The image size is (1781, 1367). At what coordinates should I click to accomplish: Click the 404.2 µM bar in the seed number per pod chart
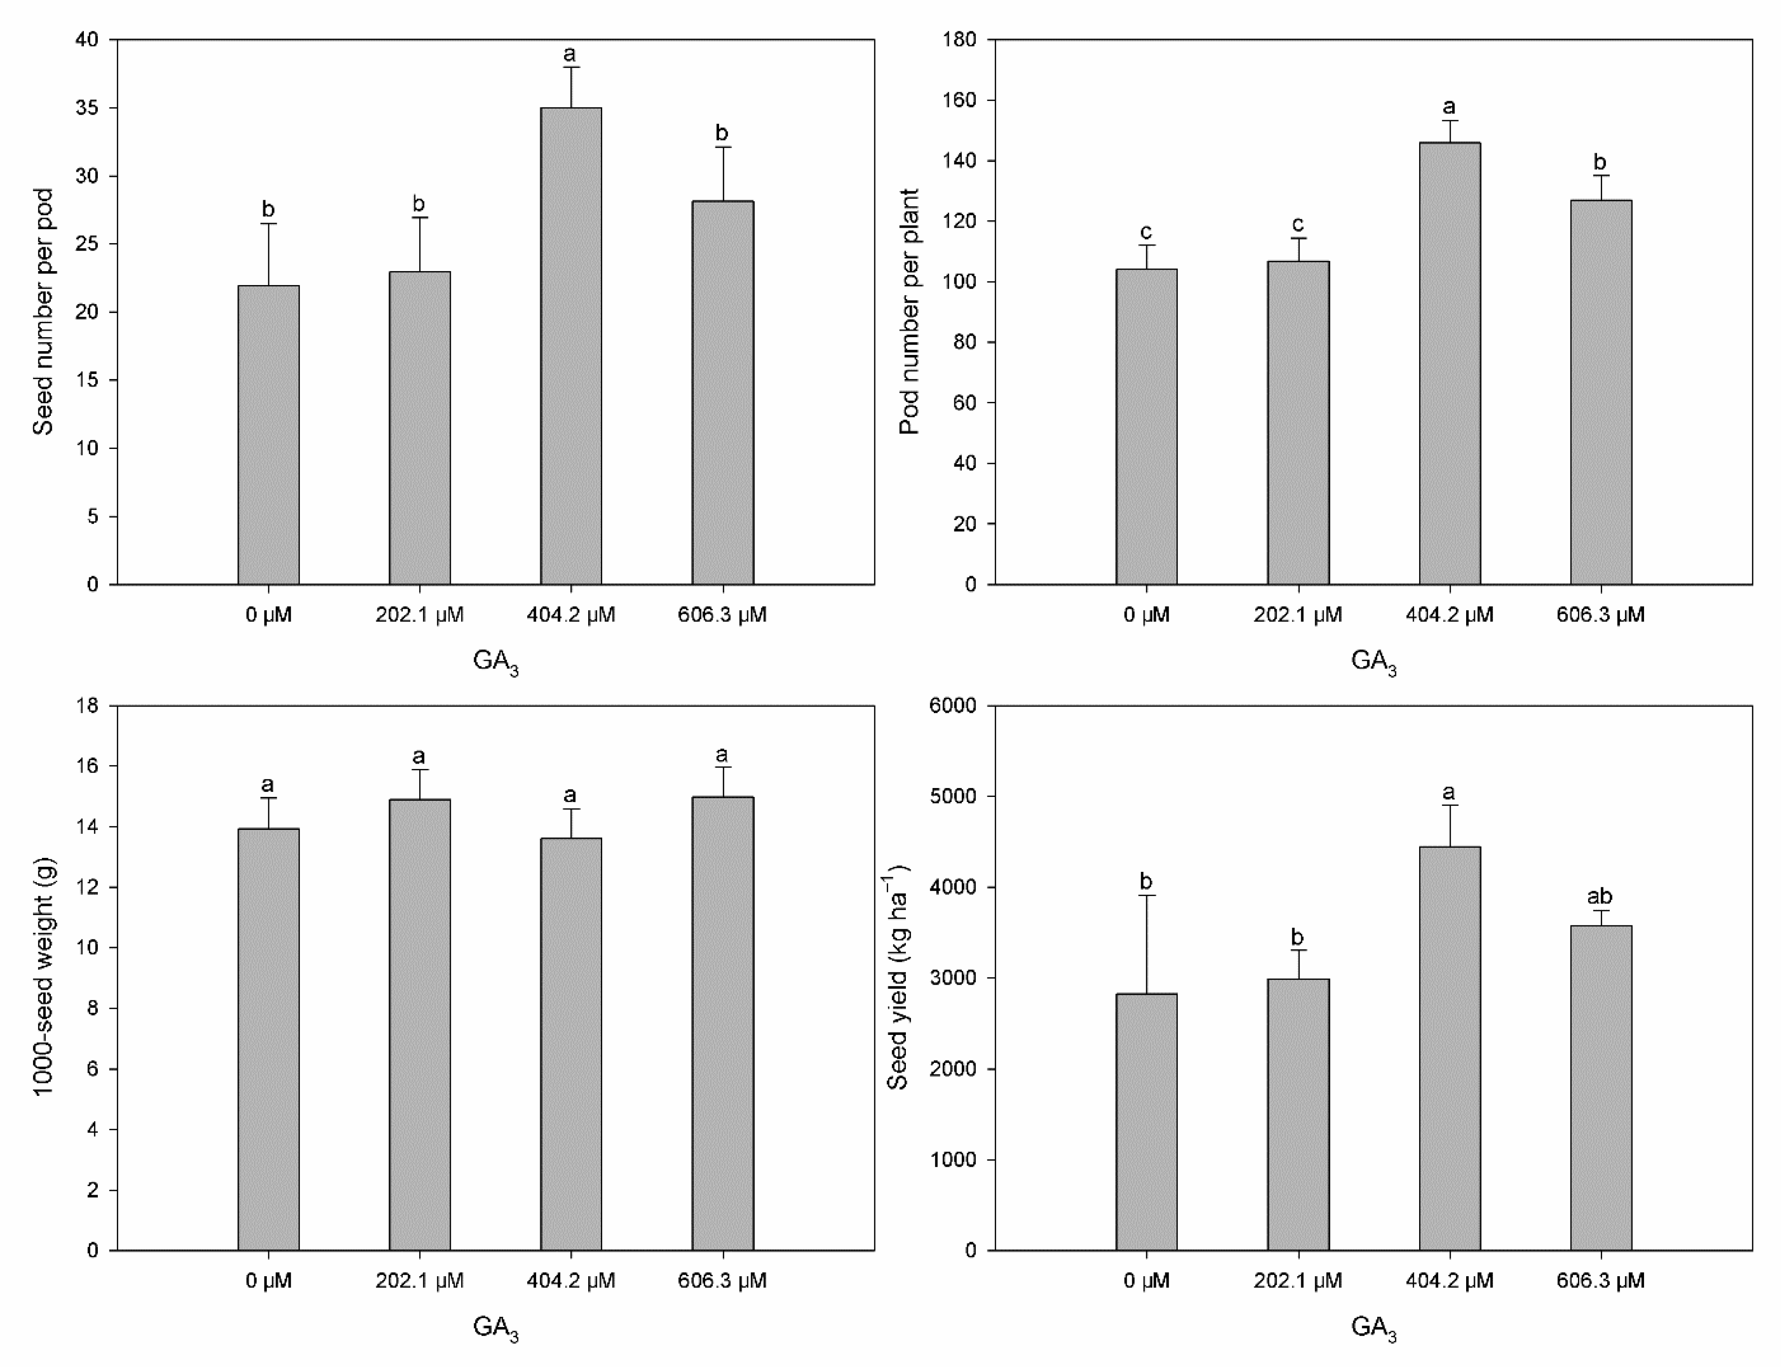571,346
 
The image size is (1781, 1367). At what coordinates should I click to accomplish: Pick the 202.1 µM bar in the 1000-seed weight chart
419,1025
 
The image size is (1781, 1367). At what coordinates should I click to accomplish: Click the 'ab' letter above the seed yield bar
1599,897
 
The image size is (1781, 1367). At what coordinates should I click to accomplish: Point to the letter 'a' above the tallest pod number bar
1449,108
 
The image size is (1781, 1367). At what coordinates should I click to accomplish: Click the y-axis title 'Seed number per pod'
43,312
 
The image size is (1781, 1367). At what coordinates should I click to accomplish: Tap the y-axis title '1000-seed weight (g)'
43,976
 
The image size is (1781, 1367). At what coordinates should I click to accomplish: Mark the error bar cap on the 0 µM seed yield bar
1146,896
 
